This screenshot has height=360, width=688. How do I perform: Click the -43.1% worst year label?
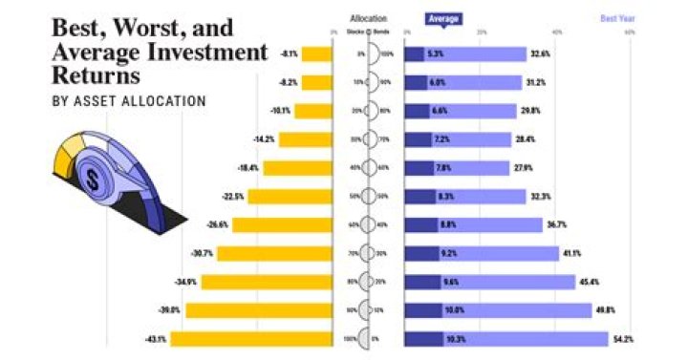155,338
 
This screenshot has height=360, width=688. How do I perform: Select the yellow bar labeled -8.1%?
316,54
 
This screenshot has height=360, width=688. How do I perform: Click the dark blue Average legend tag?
442,17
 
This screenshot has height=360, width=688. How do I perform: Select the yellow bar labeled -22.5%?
290,197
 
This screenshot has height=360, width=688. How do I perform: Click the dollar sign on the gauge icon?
93,178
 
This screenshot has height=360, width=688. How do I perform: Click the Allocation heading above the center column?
369,17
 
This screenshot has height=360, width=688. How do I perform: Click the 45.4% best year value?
591,282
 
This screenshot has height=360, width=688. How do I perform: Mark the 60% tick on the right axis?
631,32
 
